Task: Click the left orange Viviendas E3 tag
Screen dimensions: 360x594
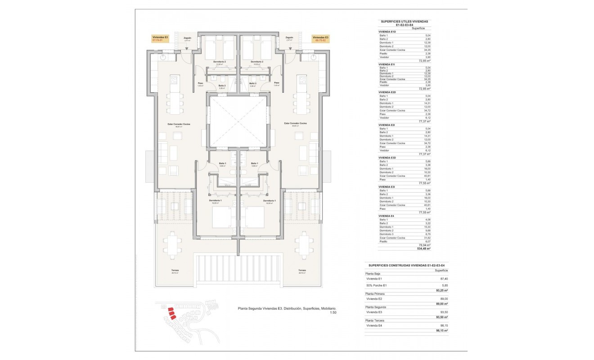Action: [161, 39]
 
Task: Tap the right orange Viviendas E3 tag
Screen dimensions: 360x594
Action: [320, 39]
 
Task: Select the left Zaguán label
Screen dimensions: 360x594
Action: [188, 38]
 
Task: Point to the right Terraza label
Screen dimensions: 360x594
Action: [302, 270]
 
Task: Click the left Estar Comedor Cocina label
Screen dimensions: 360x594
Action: [178, 123]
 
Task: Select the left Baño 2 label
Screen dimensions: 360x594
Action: [222, 85]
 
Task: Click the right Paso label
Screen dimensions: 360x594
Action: [276, 83]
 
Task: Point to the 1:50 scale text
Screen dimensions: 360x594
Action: [333, 312]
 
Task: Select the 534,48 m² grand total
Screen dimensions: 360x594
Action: [424, 248]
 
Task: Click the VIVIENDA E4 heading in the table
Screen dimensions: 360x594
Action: [387, 216]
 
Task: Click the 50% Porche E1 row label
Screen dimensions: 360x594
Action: [377, 285]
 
